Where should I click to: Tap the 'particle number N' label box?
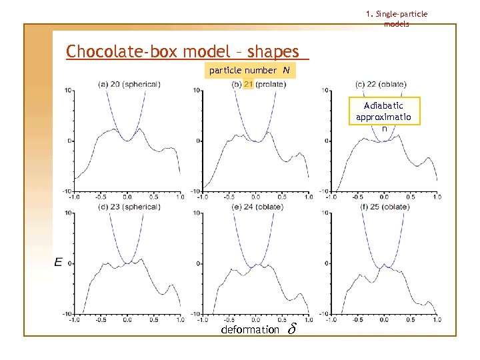click(249, 71)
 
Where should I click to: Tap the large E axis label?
click(59, 263)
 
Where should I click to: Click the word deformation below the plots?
click(250, 329)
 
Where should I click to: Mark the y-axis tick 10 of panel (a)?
click(68, 90)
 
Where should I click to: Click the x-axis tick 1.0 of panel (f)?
click(437, 319)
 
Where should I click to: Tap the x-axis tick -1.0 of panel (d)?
click(74, 319)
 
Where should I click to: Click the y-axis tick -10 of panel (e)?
click(197, 313)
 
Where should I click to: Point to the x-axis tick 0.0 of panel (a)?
click(127, 197)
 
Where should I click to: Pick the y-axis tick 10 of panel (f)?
click(327, 213)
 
